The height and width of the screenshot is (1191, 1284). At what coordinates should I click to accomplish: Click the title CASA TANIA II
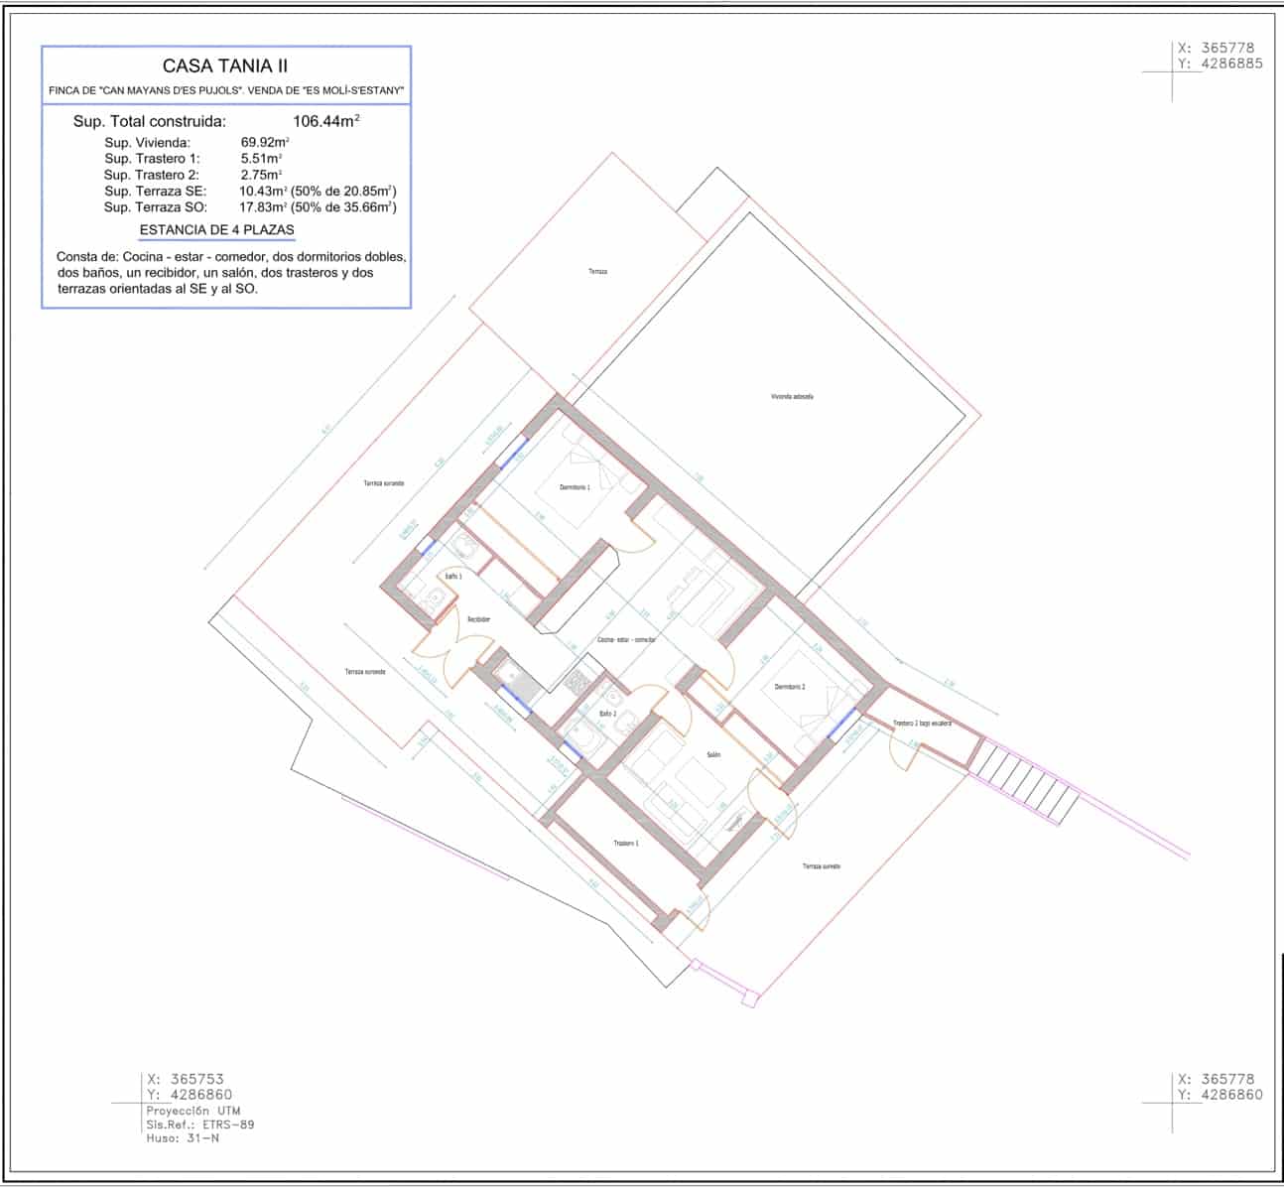225,66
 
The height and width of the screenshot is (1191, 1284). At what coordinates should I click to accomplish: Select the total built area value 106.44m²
325,122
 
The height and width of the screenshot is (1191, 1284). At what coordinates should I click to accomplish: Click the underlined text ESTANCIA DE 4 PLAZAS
217,230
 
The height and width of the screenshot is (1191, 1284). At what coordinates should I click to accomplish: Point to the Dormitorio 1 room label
575,487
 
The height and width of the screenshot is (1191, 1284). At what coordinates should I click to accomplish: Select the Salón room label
712,755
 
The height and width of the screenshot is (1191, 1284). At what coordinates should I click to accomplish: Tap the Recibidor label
479,619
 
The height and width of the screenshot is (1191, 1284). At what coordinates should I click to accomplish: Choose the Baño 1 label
453,576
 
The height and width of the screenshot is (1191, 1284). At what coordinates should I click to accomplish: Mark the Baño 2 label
607,714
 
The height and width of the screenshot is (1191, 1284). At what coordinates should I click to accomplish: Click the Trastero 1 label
625,843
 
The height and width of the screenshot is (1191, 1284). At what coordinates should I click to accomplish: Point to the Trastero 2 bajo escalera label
922,724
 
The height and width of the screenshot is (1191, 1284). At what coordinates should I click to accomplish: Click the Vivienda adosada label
792,396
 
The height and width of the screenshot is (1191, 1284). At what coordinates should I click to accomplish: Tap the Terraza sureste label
821,866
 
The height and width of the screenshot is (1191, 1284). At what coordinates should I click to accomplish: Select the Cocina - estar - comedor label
626,640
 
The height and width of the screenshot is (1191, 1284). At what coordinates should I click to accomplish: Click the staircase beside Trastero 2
1022,778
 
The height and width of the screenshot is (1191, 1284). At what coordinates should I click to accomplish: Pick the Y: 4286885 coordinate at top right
1220,64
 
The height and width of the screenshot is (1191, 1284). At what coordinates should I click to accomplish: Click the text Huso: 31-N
183,1138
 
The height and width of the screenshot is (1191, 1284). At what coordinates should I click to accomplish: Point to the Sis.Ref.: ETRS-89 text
199,1125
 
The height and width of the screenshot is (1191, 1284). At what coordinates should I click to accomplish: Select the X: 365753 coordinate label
192,1079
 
